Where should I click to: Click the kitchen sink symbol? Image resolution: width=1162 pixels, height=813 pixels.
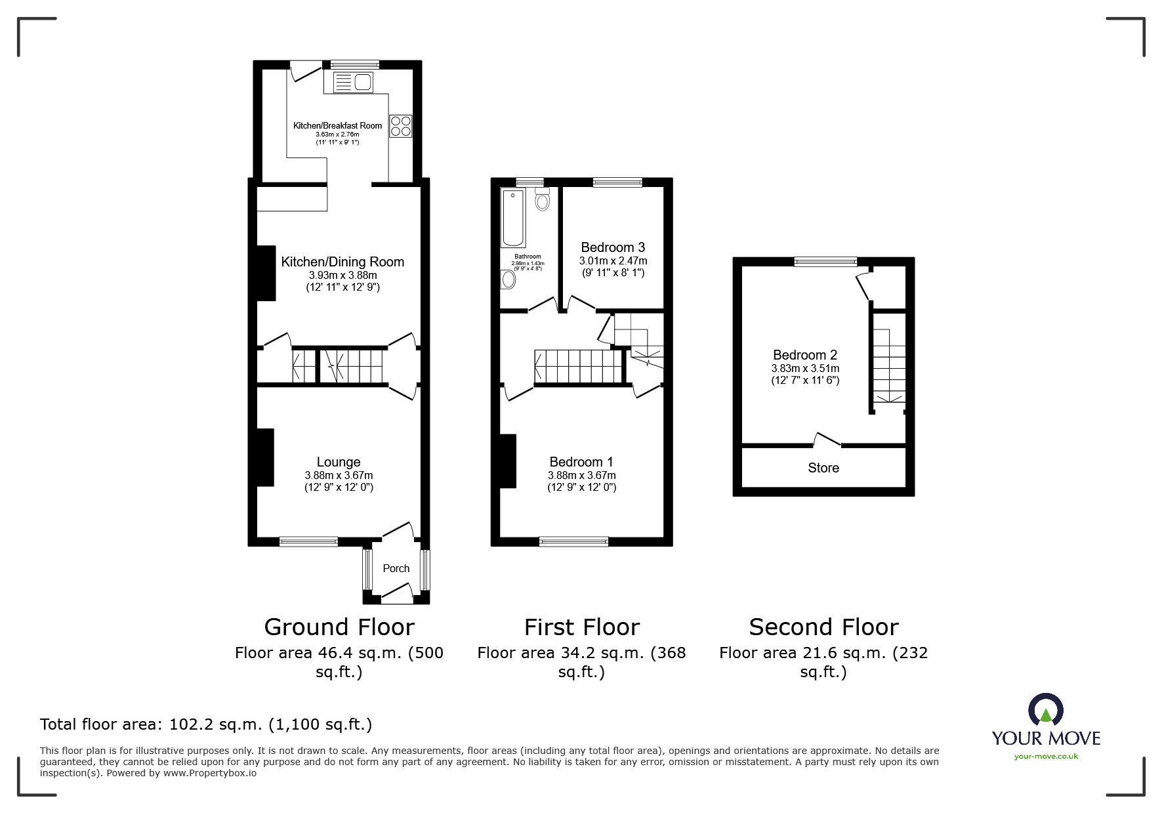[354, 83]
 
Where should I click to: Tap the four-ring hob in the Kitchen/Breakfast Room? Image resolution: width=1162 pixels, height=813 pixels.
[400, 126]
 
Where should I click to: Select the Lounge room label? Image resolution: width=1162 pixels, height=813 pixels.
[339, 462]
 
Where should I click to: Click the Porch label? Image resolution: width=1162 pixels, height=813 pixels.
[396, 568]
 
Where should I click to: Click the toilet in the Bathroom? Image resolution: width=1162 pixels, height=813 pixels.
[542, 199]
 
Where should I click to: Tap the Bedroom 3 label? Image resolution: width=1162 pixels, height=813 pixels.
[613, 247]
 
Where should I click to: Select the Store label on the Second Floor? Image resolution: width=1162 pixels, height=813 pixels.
[823, 468]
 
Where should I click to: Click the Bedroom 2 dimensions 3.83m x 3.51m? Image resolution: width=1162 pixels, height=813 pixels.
[805, 368]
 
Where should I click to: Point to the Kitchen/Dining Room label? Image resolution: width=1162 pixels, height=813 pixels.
[342, 262]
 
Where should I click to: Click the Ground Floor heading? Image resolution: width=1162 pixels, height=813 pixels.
[339, 627]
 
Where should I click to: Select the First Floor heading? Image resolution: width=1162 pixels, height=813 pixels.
[581, 627]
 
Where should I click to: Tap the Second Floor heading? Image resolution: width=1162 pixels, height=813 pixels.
[823, 627]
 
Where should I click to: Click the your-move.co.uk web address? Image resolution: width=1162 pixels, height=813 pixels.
[1046, 757]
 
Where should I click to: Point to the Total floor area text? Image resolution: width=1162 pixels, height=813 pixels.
[206, 724]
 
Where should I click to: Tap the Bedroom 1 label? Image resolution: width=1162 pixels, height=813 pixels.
[581, 462]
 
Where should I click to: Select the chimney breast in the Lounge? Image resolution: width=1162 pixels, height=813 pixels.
[265, 457]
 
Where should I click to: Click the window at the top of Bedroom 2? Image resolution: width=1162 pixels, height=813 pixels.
[825, 262]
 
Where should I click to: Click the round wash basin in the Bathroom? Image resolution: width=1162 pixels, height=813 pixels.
[508, 280]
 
